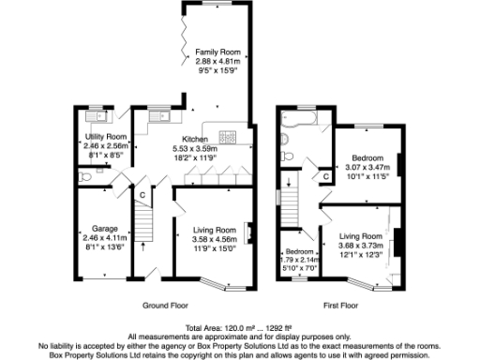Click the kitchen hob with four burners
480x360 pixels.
pos(230,138)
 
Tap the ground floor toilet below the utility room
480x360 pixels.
pos(84,174)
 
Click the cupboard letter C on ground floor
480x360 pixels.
pos(142,195)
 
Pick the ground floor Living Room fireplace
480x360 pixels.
pos(247,231)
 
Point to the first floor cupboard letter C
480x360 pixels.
pos(325,175)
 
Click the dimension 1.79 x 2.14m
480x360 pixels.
pos(300,259)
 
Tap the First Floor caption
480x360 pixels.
pos(344,306)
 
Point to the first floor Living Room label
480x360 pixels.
pos(361,236)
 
